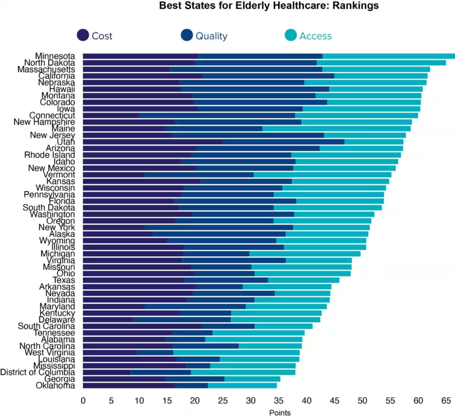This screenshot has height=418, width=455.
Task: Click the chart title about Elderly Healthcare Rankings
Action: tap(269, 6)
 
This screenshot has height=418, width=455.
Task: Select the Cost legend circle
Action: tap(83, 35)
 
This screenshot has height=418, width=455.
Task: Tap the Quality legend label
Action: tap(211, 36)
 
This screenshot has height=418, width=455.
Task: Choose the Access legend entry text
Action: tap(315, 36)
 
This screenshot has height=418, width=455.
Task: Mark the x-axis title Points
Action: tap(280, 413)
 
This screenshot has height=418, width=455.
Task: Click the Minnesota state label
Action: tap(55, 56)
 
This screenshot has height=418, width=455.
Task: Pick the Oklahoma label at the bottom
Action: tap(56, 386)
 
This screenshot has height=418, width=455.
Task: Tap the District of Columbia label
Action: tap(38, 372)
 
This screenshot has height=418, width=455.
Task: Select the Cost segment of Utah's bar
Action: tap(153, 142)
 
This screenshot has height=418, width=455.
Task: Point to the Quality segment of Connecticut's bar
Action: tap(217, 115)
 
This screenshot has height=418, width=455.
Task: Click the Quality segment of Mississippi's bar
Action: tap(198, 366)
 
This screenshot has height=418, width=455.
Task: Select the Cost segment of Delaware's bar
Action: tap(108, 319)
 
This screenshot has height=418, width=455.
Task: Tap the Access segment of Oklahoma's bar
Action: tap(242, 386)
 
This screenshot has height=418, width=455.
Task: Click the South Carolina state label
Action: tap(47, 326)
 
